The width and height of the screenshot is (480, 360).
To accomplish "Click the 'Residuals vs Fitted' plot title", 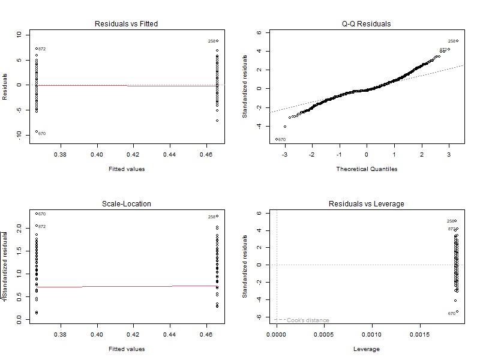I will point(127,24).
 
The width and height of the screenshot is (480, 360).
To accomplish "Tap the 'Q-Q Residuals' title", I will point(366,24).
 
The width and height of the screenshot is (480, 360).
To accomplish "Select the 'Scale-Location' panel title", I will point(127,204).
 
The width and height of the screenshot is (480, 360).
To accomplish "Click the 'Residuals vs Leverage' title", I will point(366,204).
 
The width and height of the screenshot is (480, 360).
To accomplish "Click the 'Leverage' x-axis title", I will point(366,349).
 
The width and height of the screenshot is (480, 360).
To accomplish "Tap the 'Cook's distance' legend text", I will point(308,320).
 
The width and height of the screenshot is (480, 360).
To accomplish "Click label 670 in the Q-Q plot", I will point(282,140).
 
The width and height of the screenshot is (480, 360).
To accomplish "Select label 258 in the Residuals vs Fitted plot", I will point(211,41).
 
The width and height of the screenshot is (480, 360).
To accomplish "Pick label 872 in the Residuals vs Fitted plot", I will point(42,49).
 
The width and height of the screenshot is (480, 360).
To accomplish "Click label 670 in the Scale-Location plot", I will point(42,214).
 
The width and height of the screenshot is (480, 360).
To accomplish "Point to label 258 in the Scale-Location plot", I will point(211,217).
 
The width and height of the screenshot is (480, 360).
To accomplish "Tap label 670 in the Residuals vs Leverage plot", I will point(451,313).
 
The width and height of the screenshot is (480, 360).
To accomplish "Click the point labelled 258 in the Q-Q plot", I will point(457,41).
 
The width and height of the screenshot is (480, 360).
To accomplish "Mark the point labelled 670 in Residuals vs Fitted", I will point(37,131).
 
